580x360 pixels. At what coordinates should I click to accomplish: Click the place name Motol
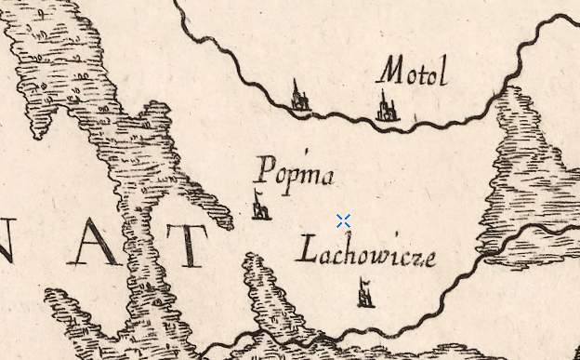tap(413, 71)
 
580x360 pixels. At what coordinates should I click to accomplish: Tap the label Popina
tap(294, 174)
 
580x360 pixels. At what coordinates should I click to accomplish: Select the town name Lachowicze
tap(365, 253)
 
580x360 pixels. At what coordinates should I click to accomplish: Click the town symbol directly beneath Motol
tap(387, 106)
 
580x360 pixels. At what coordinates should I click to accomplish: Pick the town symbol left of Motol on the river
tap(299, 97)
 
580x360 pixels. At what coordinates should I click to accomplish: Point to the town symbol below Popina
tap(261, 206)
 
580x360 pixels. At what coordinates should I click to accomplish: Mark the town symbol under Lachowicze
tap(365, 294)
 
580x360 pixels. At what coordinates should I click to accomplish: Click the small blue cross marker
tap(343, 220)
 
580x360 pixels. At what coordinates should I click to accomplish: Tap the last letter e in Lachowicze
tap(428, 259)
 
